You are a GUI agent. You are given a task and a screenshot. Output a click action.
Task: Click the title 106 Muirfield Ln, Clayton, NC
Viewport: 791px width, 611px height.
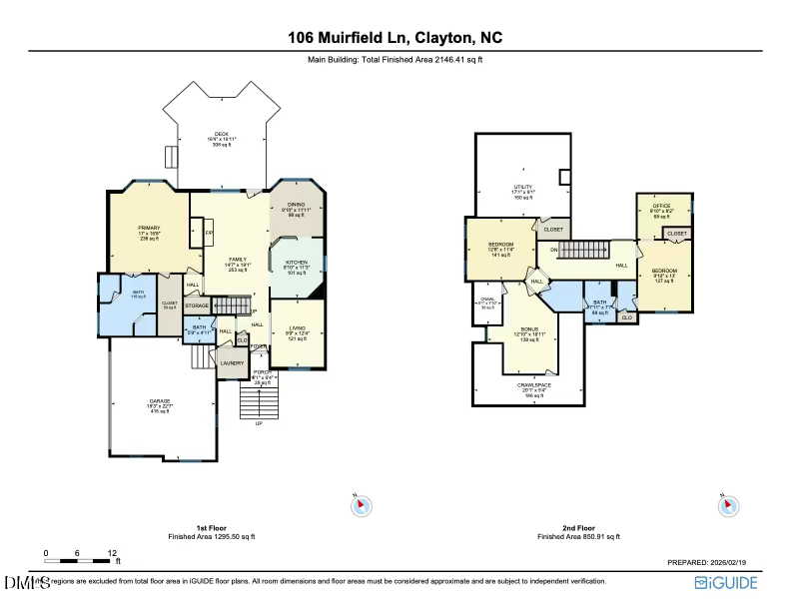click(395, 38)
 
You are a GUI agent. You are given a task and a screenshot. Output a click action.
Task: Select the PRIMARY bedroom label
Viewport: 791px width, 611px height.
click(149, 228)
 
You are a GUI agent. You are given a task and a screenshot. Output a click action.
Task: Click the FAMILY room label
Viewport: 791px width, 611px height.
click(237, 260)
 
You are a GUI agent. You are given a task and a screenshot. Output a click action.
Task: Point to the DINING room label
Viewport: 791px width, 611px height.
click(296, 204)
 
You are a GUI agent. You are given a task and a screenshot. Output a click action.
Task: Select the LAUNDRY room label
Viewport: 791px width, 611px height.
click(232, 362)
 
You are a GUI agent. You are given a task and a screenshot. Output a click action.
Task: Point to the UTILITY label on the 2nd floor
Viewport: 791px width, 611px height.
click(522, 187)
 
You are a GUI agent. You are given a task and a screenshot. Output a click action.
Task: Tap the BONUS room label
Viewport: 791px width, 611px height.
click(529, 328)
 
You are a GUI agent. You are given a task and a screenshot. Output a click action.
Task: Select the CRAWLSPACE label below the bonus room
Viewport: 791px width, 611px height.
click(529, 385)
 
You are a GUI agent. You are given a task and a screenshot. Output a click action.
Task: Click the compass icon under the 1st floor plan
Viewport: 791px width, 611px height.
click(361, 506)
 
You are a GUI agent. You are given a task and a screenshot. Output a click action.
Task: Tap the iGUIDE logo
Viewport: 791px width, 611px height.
click(729, 582)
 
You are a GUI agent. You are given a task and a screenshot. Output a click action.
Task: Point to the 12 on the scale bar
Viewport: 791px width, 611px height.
click(112, 552)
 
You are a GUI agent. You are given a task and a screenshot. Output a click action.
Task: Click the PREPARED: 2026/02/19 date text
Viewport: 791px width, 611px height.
click(713, 562)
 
